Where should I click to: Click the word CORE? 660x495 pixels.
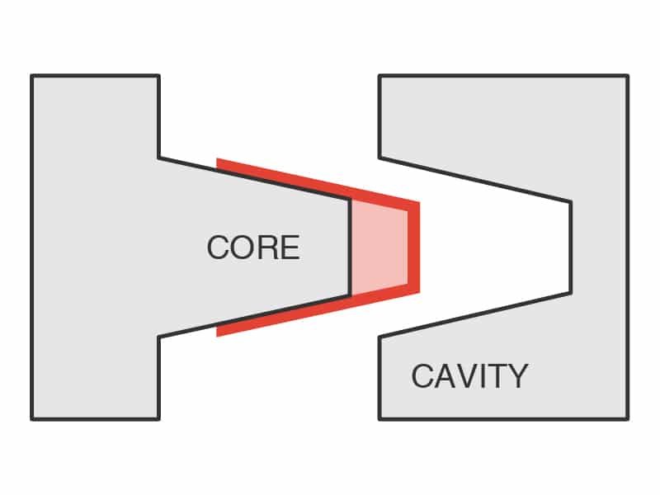click(x=252, y=247)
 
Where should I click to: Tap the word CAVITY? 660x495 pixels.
click(x=469, y=376)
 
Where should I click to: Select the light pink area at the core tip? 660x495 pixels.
click(x=379, y=247)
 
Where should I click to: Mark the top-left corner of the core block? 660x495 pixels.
click(x=32, y=77)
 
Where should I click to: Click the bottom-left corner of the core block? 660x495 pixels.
click(x=32, y=418)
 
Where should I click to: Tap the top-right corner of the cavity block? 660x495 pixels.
click(x=627, y=77)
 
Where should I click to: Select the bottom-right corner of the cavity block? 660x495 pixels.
click(x=627, y=418)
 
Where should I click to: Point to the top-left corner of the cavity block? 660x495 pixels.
click(x=379, y=77)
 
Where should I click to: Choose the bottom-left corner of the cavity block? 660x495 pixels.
click(x=379, y=418)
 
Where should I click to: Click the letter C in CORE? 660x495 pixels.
click(x=217, y=247)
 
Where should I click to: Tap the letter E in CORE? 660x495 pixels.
click(x=290, y=247)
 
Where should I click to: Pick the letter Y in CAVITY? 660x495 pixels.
click(x=517, y=376)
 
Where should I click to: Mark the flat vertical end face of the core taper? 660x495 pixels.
click(x=351, y=247)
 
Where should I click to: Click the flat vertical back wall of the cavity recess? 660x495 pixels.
click(x=570, y=247)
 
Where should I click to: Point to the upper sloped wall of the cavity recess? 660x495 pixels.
click(x=474, y=179)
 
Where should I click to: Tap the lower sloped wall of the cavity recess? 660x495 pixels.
click(x=474, y=314)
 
